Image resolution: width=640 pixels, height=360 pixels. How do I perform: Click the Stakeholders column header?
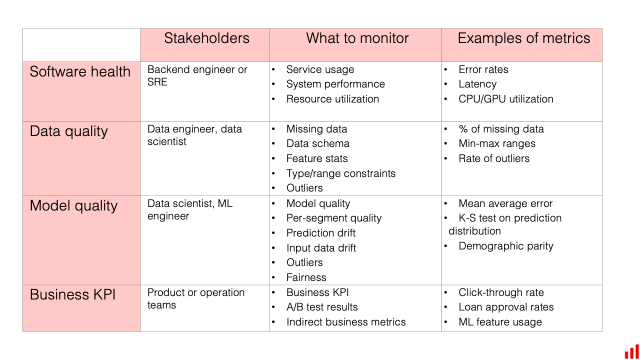click(206, 38)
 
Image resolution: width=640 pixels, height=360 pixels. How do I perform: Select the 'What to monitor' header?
click(357, 38)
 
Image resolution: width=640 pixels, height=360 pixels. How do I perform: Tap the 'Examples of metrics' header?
click(523, 38)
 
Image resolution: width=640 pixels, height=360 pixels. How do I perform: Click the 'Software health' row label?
click(80, 71)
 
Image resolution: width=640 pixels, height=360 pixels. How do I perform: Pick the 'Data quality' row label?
click(69, 131)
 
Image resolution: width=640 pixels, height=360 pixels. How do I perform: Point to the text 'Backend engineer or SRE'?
click(197, 75)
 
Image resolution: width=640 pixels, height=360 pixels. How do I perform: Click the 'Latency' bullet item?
click(477, 84)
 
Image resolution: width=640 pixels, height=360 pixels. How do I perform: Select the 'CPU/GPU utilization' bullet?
click(505, 99)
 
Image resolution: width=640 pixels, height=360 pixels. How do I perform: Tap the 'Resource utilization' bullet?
click(332, 99)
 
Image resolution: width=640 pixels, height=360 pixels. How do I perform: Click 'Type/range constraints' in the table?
click(341, 173)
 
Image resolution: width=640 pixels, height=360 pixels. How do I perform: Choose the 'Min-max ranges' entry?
click(497, 143)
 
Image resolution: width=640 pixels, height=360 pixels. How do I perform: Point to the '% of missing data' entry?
click(501, 129)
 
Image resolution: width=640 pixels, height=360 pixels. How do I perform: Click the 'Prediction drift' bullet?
click(321, 233)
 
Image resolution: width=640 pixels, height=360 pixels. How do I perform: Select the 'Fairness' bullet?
click(306, 277)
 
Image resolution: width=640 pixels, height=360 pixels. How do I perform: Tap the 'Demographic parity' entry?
click(505, 246)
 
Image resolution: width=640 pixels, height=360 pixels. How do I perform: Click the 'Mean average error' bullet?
click(505, 203)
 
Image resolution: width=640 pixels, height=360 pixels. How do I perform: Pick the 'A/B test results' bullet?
click(322, 307)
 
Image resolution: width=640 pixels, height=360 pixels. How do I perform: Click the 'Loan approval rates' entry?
click(506, 307)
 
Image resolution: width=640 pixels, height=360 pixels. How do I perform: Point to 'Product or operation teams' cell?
click(196, 299)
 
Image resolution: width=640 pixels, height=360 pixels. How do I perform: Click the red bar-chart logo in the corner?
click(631, 352)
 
